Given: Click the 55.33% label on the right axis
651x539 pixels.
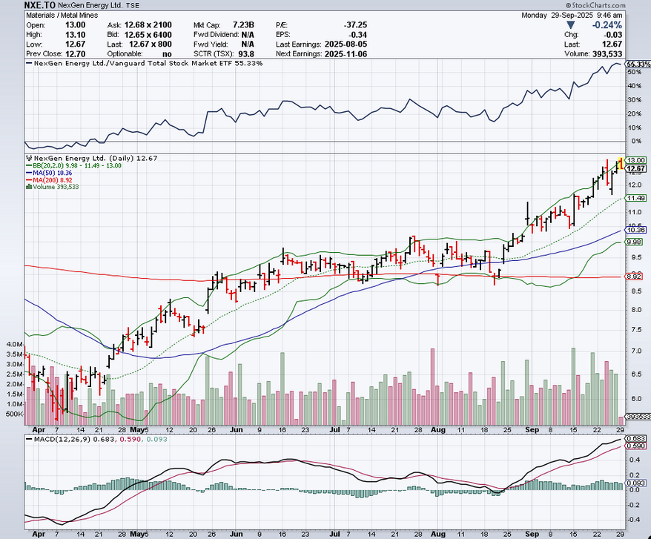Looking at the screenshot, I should pos(638,65).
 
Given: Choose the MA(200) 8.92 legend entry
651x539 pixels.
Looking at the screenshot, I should pos(56,179).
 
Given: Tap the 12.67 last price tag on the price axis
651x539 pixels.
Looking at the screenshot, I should pos(635,169).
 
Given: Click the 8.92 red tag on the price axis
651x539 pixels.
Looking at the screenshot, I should pos(635,277).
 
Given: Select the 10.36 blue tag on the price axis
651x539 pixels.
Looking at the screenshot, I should pos(635,231).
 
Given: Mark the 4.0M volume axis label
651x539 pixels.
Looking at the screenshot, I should pos(13,345).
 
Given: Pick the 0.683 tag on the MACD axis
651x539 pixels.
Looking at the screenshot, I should pos(635,440).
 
